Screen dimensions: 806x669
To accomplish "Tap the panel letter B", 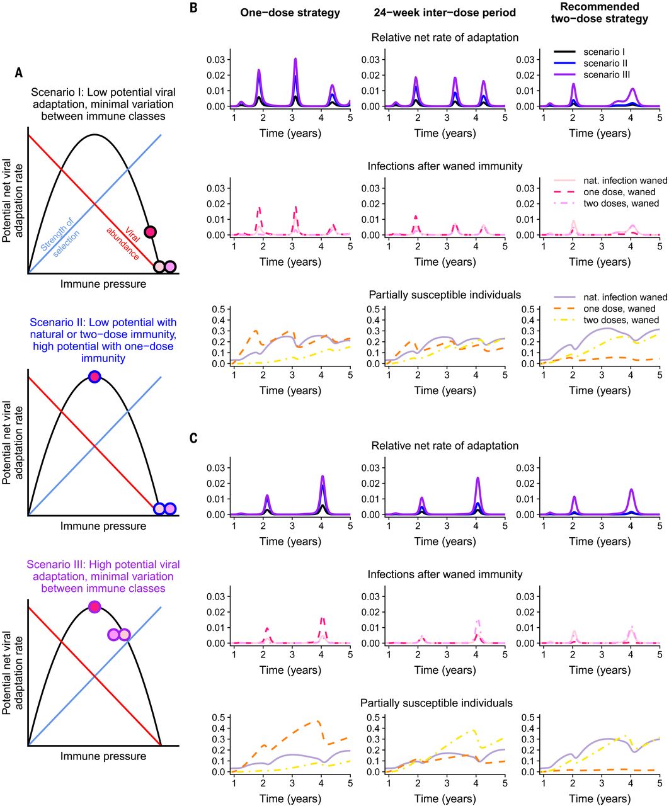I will click(193, 8).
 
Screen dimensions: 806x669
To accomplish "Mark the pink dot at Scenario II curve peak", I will click(94, 377).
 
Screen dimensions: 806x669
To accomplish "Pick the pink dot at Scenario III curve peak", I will click(94, 607).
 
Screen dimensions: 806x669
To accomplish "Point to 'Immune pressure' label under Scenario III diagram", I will click(103, 756).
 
